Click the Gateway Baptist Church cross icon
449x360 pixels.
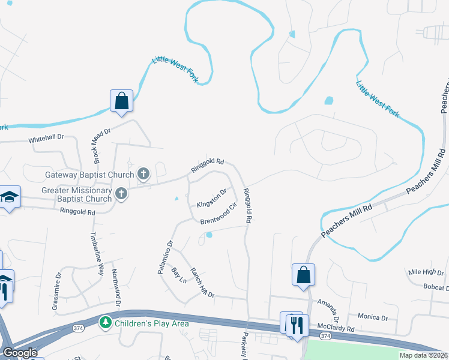143,175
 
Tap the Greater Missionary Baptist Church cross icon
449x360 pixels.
121,193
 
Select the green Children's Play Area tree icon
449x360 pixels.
106,323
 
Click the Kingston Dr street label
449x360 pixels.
211,198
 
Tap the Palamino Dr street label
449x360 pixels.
165,257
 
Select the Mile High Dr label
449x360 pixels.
426,272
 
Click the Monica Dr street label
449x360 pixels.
373,316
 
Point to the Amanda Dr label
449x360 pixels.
330,311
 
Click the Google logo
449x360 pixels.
20,353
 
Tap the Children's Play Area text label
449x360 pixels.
151,323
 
